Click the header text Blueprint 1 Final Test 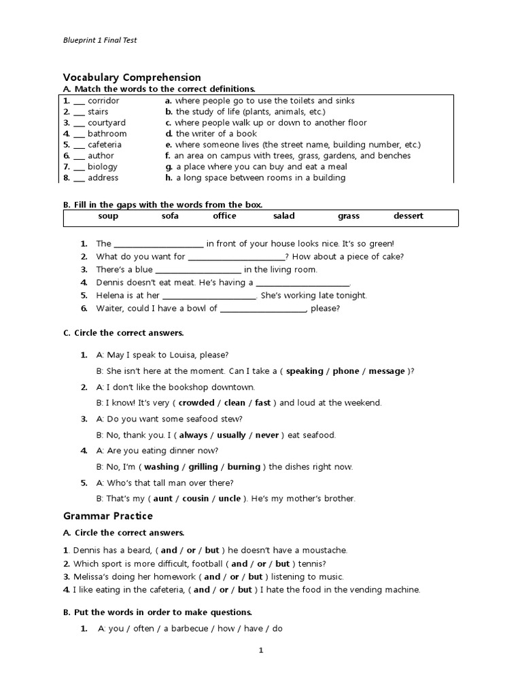100,40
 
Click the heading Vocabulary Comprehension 132,77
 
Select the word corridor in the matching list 103,101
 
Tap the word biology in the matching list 103,167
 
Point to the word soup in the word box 108,216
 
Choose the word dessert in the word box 408,216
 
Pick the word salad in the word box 284,216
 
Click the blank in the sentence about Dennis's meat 302,283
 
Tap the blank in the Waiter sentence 264,309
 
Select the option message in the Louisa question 386,371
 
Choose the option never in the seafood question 267,435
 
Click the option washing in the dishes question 162,467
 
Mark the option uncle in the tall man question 230,499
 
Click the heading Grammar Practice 108,517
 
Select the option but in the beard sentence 212,550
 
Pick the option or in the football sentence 262,564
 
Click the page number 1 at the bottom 260,650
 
